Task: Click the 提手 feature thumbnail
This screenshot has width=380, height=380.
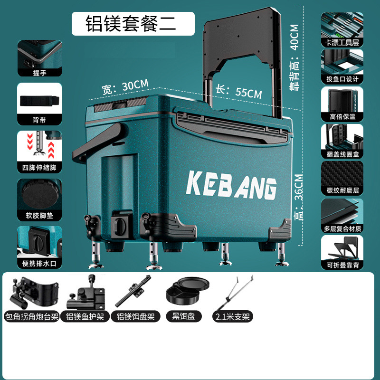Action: coord(40,55)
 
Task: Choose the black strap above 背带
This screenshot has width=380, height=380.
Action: coord(40,101)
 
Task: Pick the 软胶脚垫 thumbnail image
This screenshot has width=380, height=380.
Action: coord(40,192)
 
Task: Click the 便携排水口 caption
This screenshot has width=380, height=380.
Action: coord(40,263)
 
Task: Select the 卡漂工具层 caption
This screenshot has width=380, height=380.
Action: coord(342,43)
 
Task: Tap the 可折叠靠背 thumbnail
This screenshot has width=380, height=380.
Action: coord(342,248)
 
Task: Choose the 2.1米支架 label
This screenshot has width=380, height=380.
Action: coord(233,316)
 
